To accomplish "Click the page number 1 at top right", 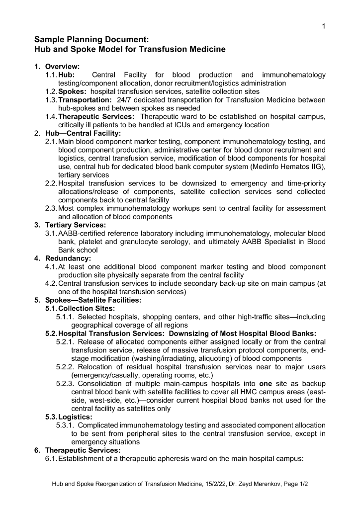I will [x=324, y=26].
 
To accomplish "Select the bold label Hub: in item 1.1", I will [x=67, y=75].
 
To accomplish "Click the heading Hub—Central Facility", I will [x=83, y=133].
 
